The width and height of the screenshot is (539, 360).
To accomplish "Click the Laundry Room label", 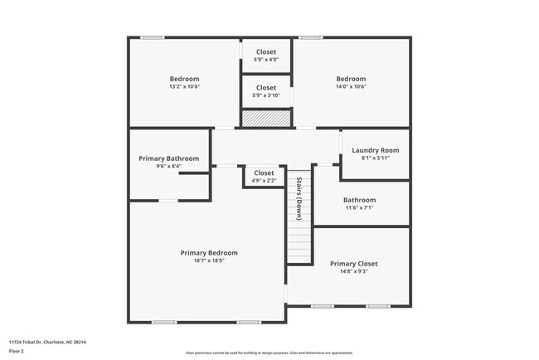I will pyautogui.click(x=376, y=150).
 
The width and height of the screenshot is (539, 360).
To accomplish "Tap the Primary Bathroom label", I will pyautogui.click(x=169, y=158).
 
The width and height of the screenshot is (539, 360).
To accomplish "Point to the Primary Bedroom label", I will pyautogui.click(x=209, y=253).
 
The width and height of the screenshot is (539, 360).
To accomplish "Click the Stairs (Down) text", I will pyautogui.click(x=299, y=197).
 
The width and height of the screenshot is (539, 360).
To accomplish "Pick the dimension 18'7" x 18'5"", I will pyautogui.click(x=209, y=260).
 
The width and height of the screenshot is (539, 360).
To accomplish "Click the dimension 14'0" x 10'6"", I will pyautogui.click(x=351, y=86).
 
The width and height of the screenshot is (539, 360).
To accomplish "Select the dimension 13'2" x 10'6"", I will pyautogui.click(x=185, y=86).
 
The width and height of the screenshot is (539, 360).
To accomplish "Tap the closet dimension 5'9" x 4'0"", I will pyautogui.click(x=266, y=59).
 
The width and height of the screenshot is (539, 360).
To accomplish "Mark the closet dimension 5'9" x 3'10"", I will pyautogui.click(x=266, y=95).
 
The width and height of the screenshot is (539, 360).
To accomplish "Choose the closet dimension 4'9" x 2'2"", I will pyautogui.click(x=264, y=180).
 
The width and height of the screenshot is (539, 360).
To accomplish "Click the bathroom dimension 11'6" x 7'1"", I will pyautogui.click(x=360, y=207).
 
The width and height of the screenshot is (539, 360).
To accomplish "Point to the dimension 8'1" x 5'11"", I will pyautogui.click(x=376, y=158).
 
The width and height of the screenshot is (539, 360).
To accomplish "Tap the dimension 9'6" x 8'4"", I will pyautogui.click(x=169, y=166).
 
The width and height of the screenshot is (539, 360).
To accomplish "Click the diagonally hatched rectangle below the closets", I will pyautogui.click(x=266, y=119).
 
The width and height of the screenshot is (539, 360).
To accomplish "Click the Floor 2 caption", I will pyautogui.click(x=16, y=352).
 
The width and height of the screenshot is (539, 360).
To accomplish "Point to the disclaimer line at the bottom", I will pyautogui.click(x=269, y=353).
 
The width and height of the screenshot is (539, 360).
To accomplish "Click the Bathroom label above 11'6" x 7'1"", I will pyautogui.click(x=360, y=200).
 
